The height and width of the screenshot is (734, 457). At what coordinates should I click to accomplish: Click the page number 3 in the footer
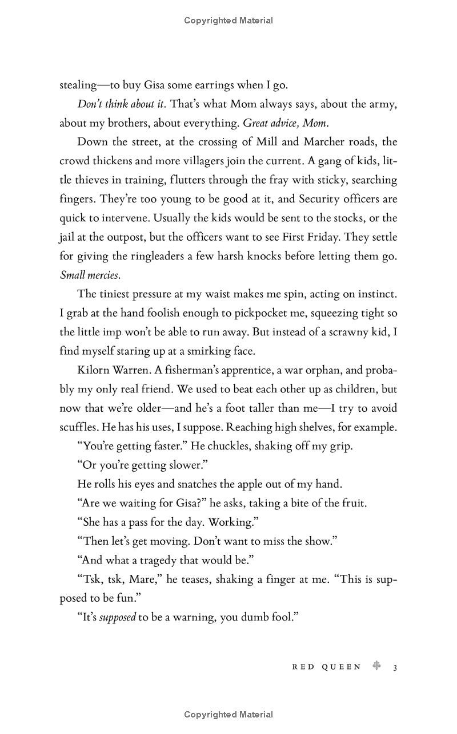[x=395, y=667]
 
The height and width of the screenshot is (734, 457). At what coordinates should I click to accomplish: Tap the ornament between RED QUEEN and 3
[x=376, y=666]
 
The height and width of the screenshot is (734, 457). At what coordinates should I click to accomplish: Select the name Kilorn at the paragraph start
[x=93, y=370]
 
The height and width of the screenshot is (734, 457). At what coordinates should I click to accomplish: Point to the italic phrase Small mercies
[x=90, y=275]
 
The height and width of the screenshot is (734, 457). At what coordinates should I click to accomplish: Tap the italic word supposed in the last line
[x=117, y=617]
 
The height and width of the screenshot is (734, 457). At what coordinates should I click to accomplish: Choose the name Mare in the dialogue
[x=142, y=579]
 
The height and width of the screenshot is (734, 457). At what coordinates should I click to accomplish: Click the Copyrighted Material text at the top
[x=228, y=21]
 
